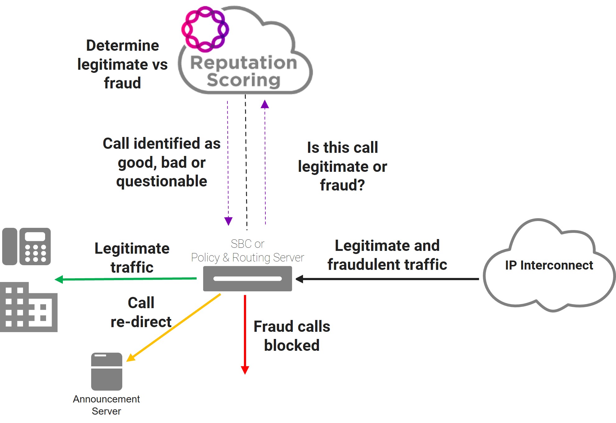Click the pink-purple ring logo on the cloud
[205, 29]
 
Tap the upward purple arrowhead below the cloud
[265, 105]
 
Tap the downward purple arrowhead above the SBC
[228, 221]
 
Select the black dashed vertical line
[246, 162]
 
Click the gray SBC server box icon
[247, 279]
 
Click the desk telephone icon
[26, 247]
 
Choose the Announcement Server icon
[106, 371]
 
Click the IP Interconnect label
[549, 265]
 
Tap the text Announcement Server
[106, 405]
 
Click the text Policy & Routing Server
[247, 258]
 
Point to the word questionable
[161, 181]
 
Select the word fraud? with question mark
[342, 185]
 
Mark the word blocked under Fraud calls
[292, 345]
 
